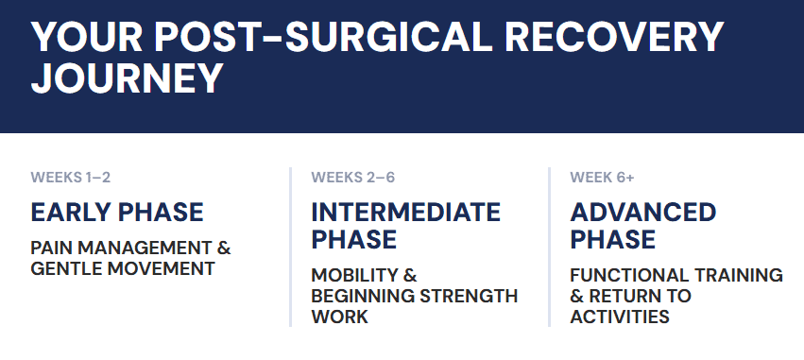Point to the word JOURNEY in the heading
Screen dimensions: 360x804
click(128, 79)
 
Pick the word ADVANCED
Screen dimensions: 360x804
click(643, 212)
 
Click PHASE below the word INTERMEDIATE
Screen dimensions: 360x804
click(353, 239)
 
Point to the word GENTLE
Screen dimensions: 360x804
click(65, 268)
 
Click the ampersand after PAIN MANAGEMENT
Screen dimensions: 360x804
click(224, 249)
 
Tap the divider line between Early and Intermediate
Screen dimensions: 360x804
click(291, 247)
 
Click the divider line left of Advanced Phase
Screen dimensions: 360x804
click(550, 247)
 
